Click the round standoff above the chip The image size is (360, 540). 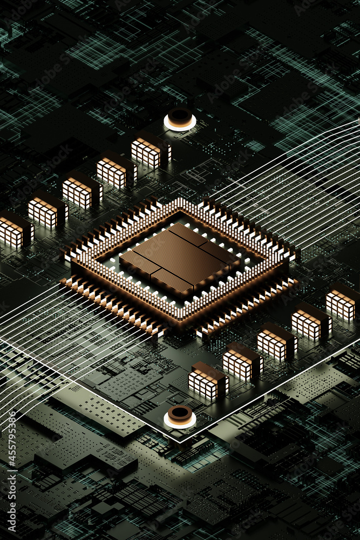click(180, 119)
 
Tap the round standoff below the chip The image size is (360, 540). click(180, 416)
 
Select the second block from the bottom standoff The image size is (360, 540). click(241, 362)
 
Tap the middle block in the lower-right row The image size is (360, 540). click(275, 342)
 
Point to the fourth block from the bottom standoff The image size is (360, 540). click(310, 322)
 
